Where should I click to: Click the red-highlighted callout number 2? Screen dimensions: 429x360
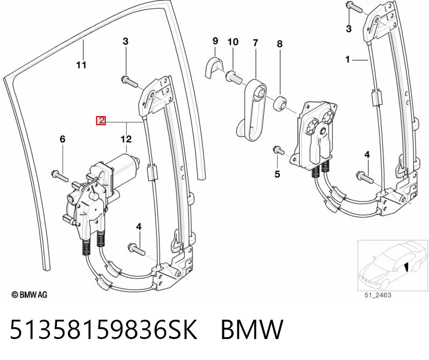pos(101,120)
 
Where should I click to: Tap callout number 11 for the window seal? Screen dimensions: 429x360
pos(81,65)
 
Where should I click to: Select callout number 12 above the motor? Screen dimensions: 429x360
pos(126,139)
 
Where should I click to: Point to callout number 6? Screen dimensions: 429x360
pos(63,139)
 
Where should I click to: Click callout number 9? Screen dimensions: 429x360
pos(215,41)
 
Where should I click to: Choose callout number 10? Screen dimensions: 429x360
pos(233,42)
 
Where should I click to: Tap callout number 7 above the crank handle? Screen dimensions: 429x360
pos(255,43)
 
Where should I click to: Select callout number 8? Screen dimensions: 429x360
pos(279,44)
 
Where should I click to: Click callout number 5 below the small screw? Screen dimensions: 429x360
pos(278,174)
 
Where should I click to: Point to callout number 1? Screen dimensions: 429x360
pos(347,59)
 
